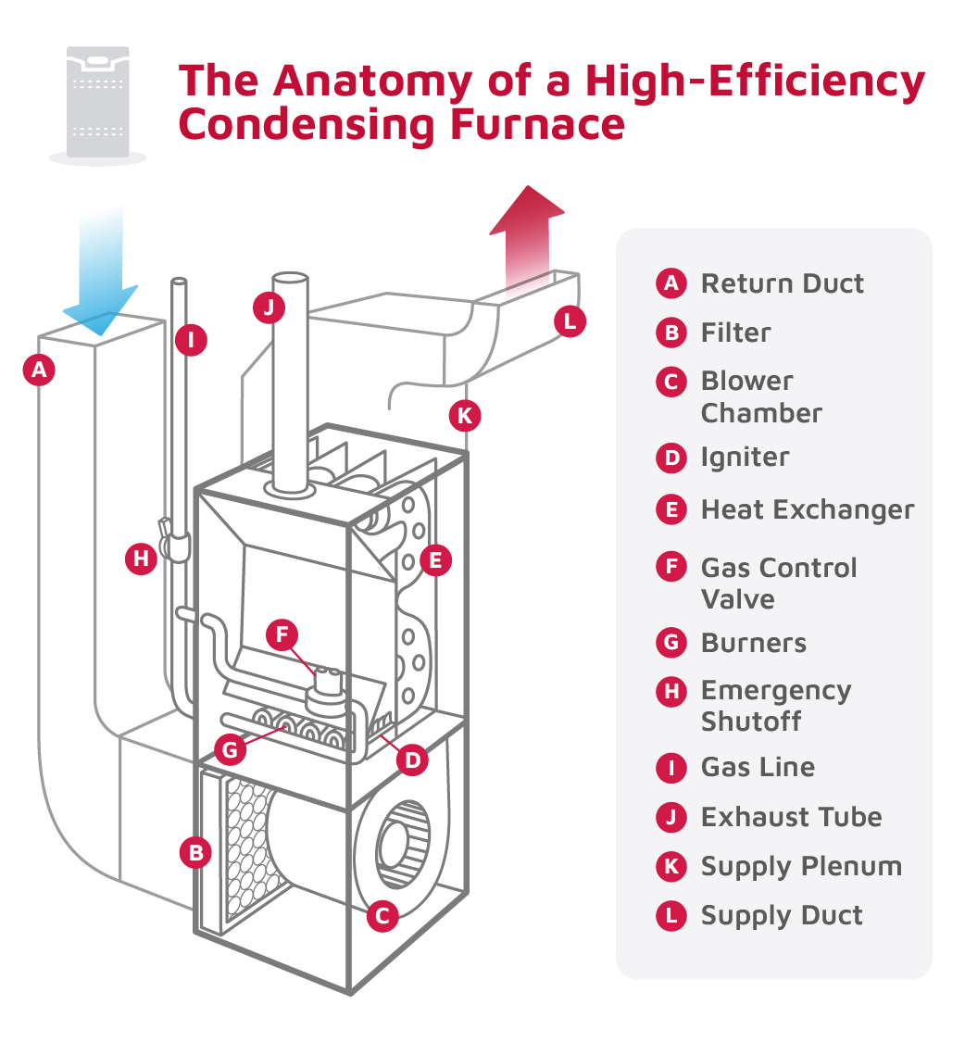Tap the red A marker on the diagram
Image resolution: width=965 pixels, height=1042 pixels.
[x=39, y=370]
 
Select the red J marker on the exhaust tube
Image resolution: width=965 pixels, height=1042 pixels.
[x=269, y=308]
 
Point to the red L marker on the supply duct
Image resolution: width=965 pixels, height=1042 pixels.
[x=570, y=321]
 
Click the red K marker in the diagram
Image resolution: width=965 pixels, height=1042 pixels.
[x=464, y=416]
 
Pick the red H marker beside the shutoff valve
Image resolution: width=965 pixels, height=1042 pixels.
[x=141, y=559]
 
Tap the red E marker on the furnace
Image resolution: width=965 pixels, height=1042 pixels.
[x=435, y=559]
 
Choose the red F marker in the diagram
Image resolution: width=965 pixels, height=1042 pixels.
[x=282, y=634]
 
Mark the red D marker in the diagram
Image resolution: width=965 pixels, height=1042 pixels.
[x=412, y=760]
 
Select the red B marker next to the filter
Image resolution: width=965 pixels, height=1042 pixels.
[x=194, y=852]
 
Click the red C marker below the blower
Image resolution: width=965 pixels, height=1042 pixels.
[x=382, y=916]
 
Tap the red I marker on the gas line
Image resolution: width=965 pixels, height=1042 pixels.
[x=192, y=339]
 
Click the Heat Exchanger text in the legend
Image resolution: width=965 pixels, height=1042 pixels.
[x=807, y=509]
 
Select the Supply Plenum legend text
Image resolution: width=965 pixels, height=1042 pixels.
[x=800, y=866]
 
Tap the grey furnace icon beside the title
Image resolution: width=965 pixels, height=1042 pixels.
[x=97, y=102]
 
